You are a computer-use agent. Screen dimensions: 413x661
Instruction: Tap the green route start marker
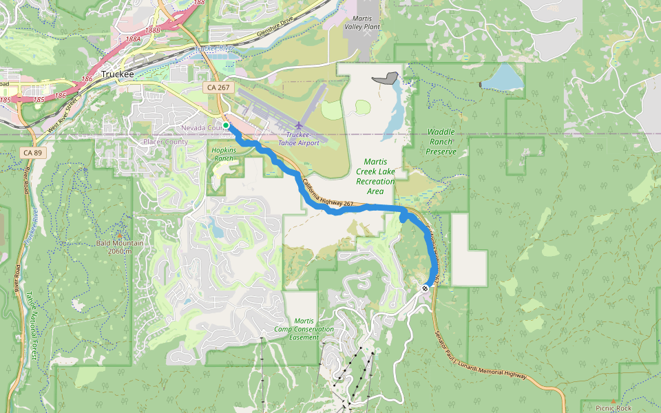[226, 125]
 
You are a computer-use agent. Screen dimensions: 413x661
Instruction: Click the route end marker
[426, 288]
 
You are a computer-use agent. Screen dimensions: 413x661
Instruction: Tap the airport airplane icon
[298, 125]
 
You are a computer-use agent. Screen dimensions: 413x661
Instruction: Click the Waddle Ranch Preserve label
[441, 141]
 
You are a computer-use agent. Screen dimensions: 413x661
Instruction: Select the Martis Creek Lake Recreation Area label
[375, 176]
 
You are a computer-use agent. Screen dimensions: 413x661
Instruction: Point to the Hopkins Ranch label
[224, 154]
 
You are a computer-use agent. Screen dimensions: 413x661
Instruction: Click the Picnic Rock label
[613, 408]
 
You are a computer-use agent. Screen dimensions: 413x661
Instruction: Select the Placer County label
[165, 142]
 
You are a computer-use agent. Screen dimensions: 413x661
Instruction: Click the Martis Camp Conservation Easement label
[304, 329]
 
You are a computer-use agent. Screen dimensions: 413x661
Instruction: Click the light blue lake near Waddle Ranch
[502, 78]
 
